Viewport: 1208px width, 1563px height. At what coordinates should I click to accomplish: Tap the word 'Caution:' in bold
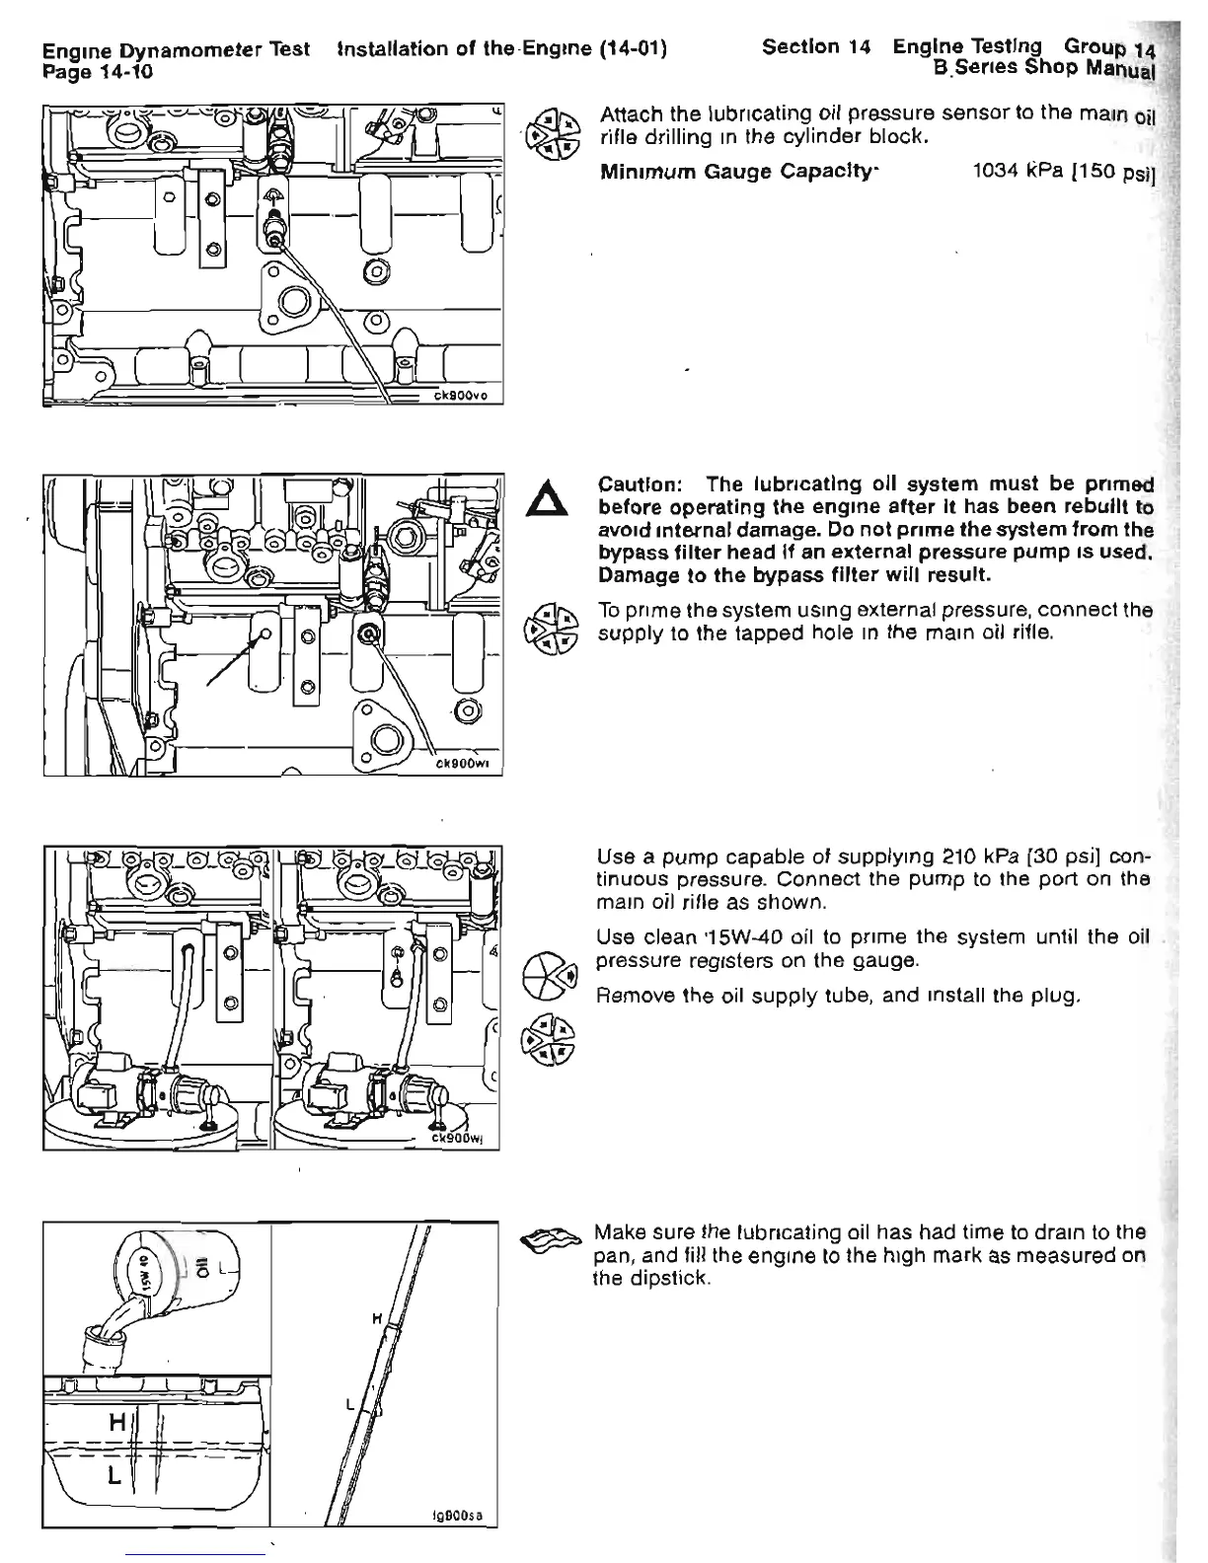click(642, 486)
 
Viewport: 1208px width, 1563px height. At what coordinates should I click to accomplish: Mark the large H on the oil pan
click(115, 1422)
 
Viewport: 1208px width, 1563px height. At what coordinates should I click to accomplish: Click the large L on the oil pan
click(114, 1477)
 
